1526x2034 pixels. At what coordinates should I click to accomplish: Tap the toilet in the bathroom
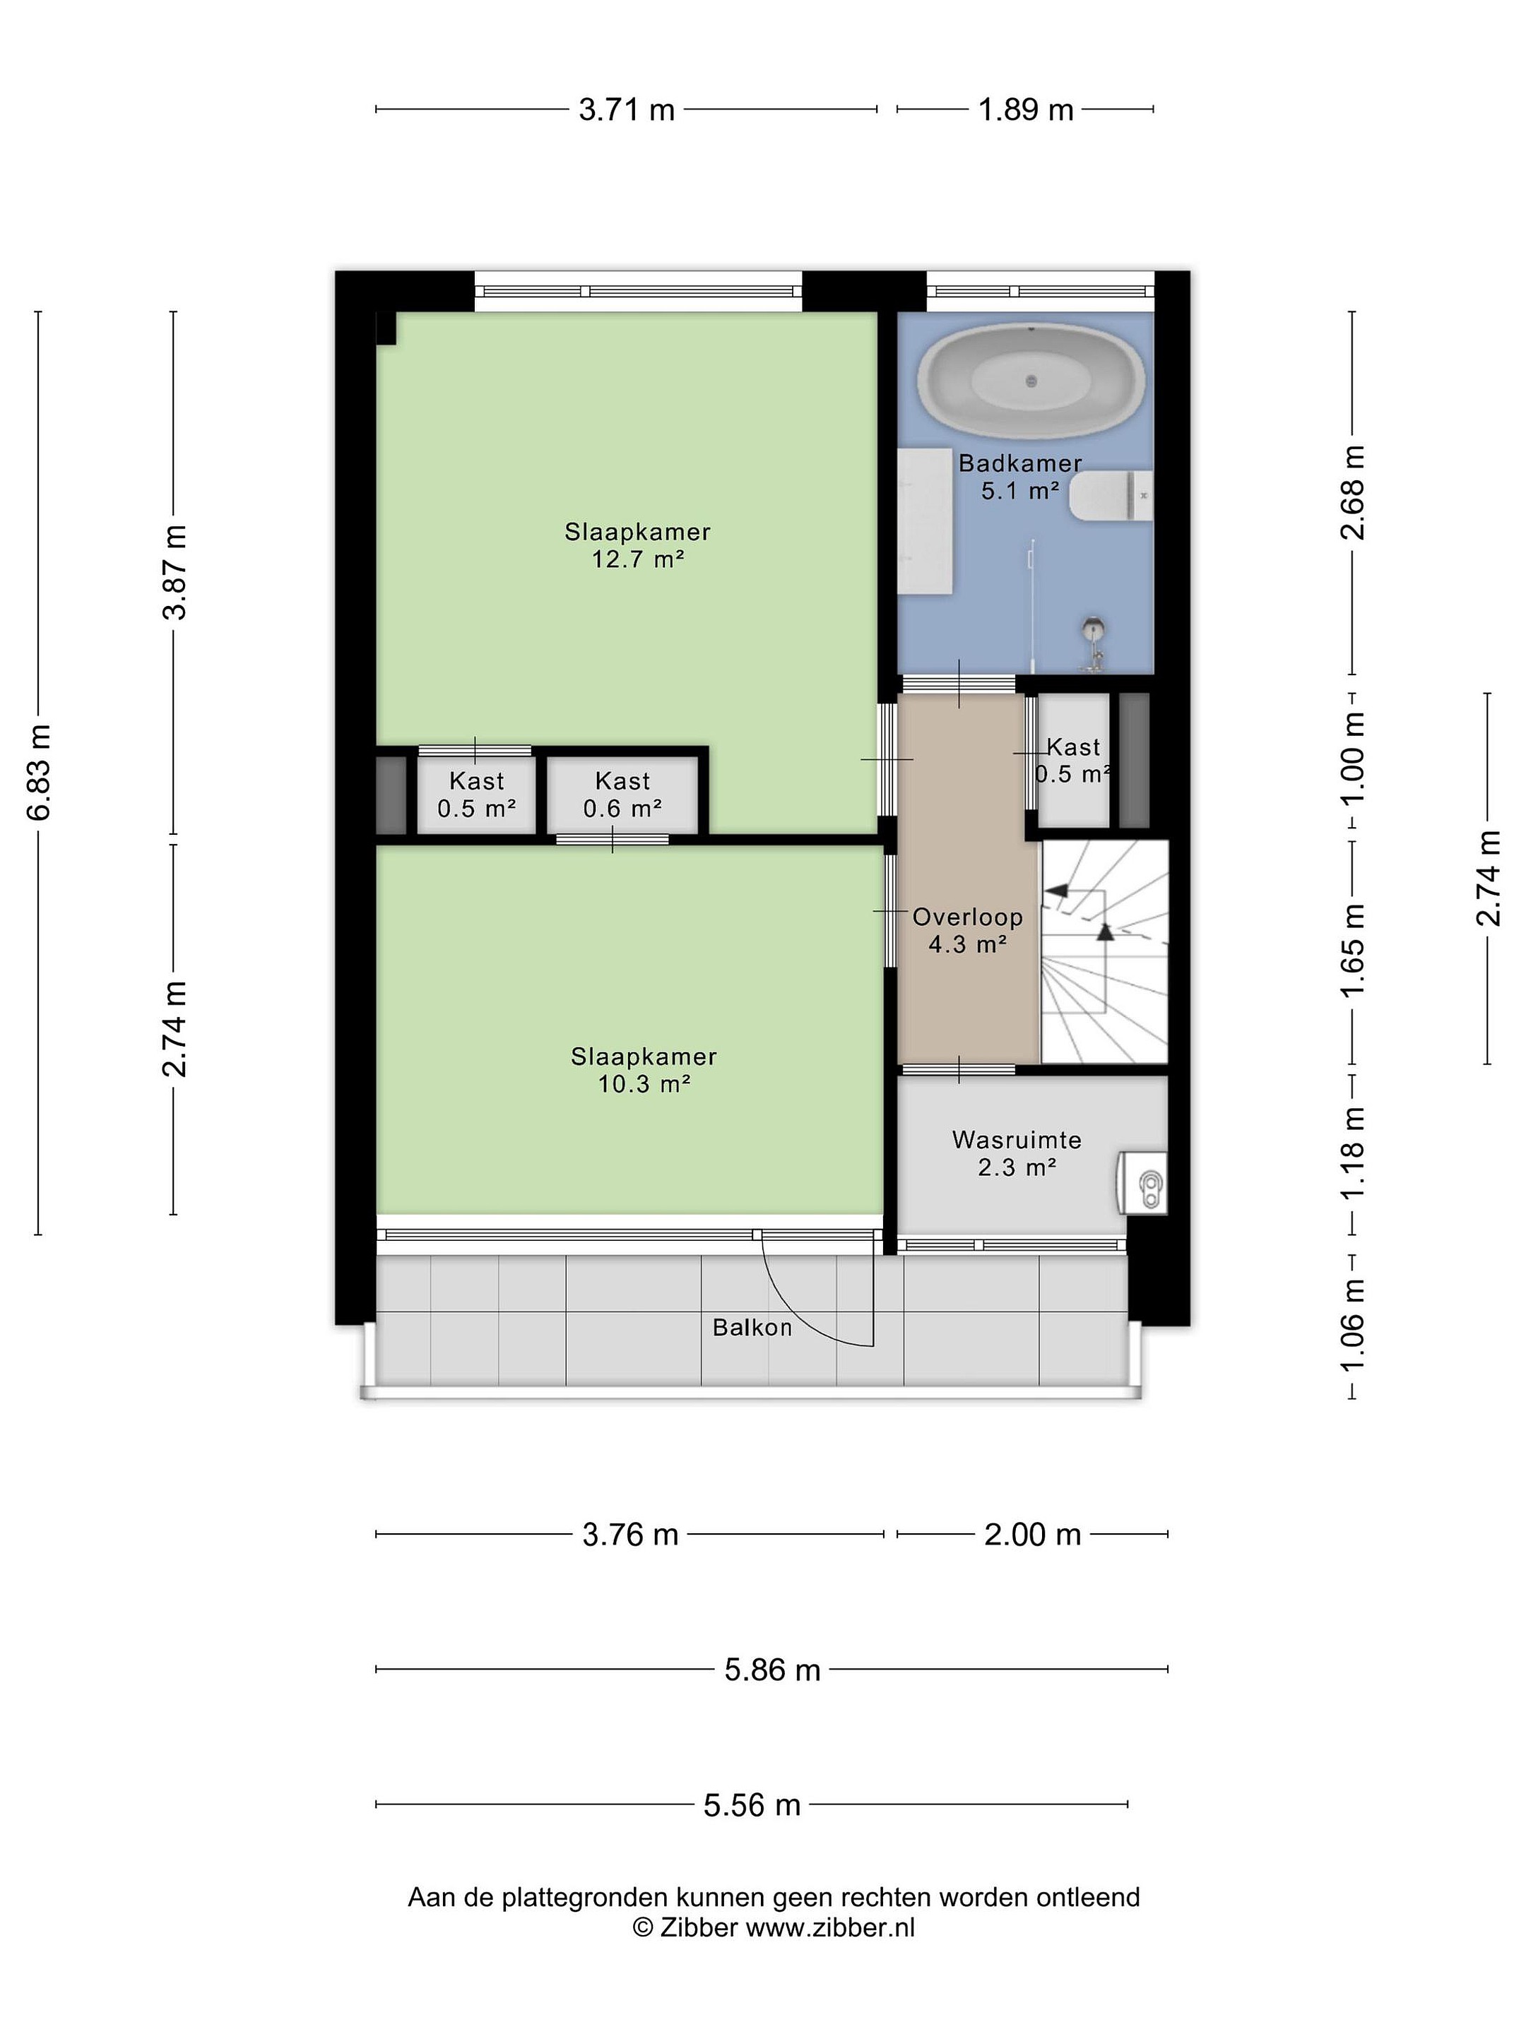[x=1111, y=496]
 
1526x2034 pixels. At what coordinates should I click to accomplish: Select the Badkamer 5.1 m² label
[x=1019, y=476]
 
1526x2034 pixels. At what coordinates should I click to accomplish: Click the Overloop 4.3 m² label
[x=968, y=929]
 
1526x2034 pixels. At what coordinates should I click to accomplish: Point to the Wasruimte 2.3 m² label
[x=1017, y=1153]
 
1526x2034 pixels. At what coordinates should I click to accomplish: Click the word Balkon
[x=752, y=1327]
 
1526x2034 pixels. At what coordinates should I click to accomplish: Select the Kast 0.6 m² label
[x=622, y=795]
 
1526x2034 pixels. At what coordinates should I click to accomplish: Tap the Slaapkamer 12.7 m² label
[x=637, y=545]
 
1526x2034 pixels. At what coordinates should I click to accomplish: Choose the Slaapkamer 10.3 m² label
[x=644, y=1069]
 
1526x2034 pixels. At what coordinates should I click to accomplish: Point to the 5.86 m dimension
[x=771, y=1669]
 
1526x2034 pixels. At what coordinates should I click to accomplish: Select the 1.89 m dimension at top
[x=1026, y=109]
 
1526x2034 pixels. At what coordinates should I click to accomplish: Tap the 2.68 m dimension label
[x=1353, y=492]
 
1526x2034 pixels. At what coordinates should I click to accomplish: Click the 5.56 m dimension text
[x=752, y=1805]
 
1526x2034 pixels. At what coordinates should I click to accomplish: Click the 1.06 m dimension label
[x=1353, y=1325]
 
